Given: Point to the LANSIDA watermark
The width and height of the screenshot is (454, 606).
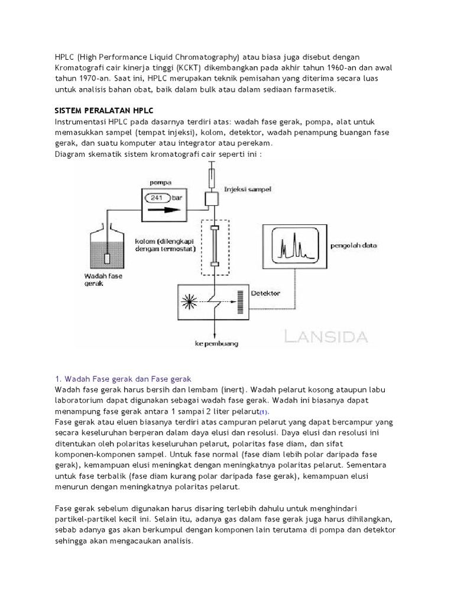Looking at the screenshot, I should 326,337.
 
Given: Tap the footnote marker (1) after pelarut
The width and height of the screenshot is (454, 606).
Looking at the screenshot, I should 264,412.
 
